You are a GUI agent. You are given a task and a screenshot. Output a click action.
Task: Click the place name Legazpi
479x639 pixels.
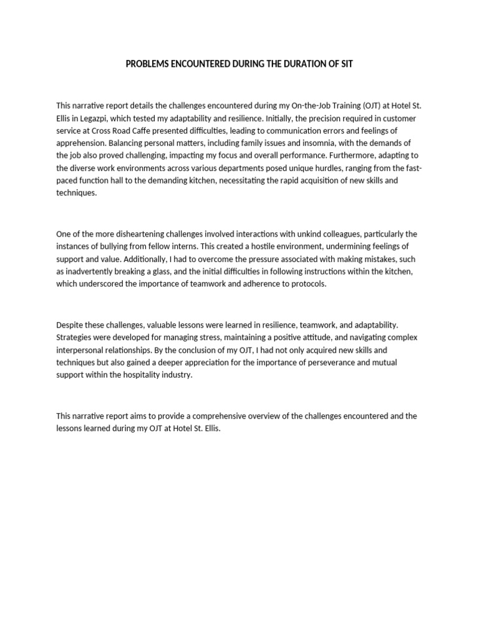100,118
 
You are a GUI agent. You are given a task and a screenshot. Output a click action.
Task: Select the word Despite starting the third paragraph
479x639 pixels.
69,325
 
